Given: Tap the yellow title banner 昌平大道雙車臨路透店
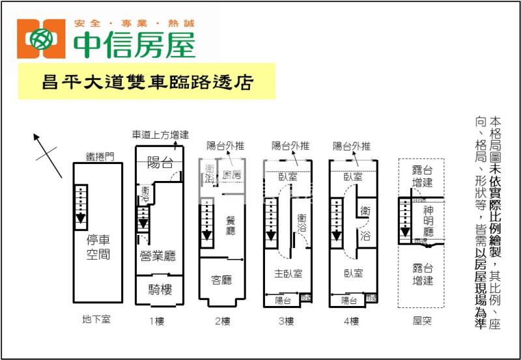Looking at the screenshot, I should coord(147,81).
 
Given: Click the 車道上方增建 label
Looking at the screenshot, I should coord(160,135).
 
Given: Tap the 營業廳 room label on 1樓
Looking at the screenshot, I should coord(157,256).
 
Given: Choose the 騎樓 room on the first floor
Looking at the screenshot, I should coord(159,290).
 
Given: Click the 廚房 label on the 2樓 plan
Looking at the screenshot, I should coord(232,175).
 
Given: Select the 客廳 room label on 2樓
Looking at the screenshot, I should coord(221,280).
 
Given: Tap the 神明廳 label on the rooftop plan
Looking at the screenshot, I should coord(428,221).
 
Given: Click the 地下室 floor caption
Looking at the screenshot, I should coord(96,320).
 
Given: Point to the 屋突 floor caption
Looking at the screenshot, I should coord(422,320).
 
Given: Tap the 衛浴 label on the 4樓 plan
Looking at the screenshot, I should coord(365,225).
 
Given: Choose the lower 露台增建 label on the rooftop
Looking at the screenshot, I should coord(422,273).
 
